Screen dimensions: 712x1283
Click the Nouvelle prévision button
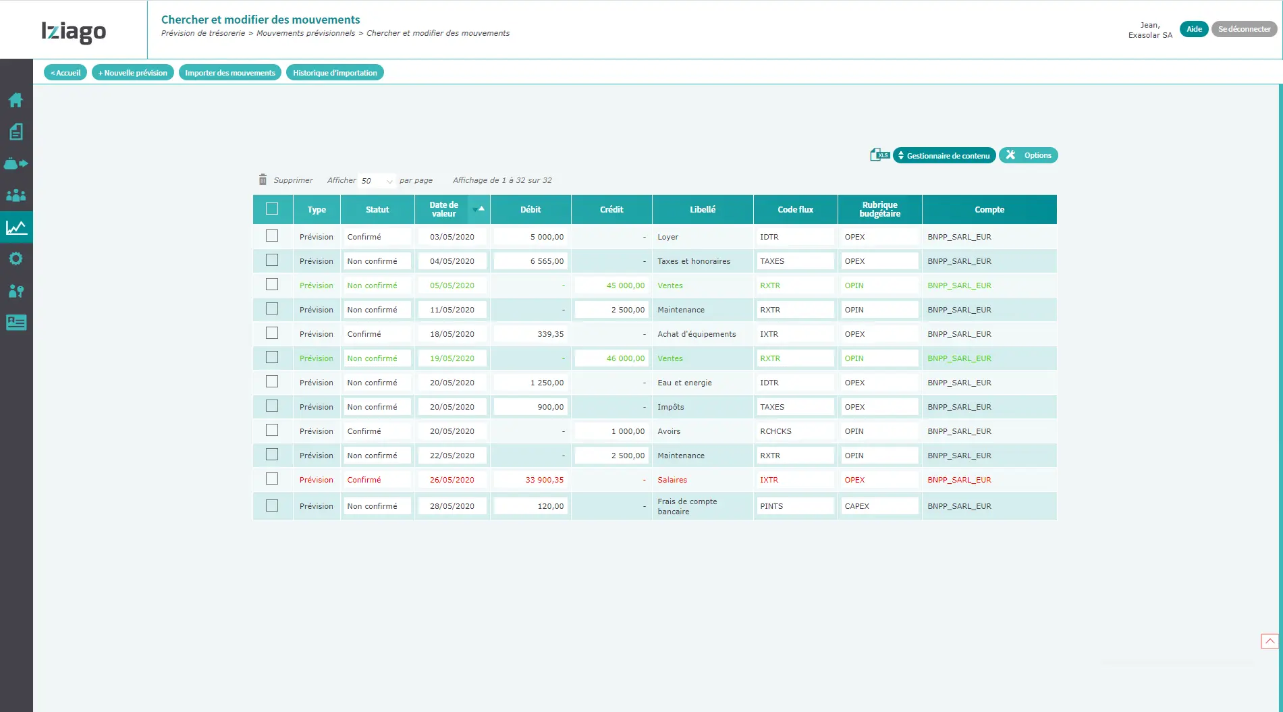tap(133, 73)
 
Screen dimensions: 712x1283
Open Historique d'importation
tap(335, 73)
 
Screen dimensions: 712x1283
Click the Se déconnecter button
tap(1244, 29)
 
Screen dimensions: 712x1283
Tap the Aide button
tap(1194, 29)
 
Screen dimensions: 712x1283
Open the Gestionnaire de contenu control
tap(944, 156)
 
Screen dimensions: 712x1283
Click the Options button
tap(1029, 155)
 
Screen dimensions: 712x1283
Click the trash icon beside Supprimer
tap(263, 180)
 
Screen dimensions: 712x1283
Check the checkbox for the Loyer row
tap(272, 236)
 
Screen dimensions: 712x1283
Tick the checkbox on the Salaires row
tap(272, 478)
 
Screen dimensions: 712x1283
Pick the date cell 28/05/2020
tap(452, 506)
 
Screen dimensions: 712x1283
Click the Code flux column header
tap(795, 210)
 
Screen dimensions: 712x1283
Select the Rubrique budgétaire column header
tap(879, 209)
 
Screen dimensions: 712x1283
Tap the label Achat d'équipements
tap(697, 334)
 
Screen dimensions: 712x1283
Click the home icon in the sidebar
tap(16, 101)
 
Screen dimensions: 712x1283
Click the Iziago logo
tap(74, 31)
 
